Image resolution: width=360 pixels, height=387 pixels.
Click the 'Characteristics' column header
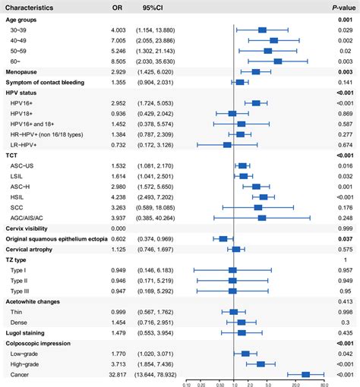pyautogui.click(x=34, y=7)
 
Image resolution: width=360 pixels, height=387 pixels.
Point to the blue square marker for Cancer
pyautogui.click(x=306, y=374)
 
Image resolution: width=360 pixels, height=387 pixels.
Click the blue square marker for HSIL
pyautogui.click(x=263, y=196)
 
